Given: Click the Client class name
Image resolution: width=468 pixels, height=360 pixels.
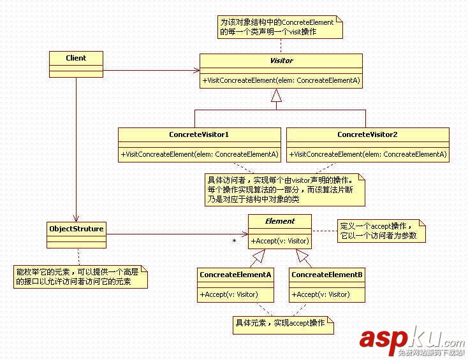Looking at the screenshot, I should point(76,58).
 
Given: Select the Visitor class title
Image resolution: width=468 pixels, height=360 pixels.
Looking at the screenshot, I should point(281,61).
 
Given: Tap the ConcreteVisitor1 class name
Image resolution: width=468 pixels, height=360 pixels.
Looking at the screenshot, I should point(199,135).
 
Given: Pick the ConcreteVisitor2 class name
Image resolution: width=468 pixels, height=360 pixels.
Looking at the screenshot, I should point(367,135).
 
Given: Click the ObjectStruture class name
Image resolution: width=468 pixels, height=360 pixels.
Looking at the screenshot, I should point(76,227).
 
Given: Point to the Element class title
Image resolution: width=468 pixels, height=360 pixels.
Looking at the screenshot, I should point(280,222).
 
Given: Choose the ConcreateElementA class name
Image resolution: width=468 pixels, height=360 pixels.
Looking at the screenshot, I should point(235,275).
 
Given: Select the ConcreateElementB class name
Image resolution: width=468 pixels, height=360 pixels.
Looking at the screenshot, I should point(327,275).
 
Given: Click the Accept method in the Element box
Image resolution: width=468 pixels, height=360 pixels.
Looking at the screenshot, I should point(280,241).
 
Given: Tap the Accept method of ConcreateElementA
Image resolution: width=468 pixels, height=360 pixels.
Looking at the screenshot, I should point(228,294).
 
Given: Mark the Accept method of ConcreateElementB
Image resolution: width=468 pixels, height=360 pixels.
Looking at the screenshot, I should point(321,294).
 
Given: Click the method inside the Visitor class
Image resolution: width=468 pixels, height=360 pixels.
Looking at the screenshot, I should point(281,80).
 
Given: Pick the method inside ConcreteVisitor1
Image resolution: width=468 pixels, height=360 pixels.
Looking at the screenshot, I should point(199,155).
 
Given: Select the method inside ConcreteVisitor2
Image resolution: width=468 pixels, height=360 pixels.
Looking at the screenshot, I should point(367,155).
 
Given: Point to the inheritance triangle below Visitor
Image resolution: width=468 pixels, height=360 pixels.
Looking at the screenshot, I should point(275,96).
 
